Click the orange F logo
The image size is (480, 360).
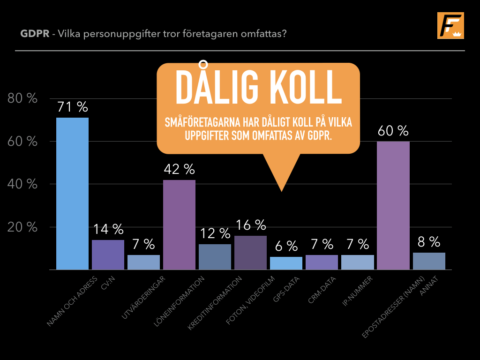pos(450,25)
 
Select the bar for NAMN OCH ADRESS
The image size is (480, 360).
pos(72,194)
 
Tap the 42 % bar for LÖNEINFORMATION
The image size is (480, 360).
pos(179,225)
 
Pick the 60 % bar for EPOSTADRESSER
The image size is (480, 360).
pos(393,205)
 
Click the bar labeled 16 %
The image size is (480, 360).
pos(250,253)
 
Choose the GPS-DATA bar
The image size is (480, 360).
pos(286,263)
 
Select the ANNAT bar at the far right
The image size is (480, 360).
pos(429,261)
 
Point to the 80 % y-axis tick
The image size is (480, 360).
pos(22,98)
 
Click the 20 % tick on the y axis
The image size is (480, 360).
pos(22,227)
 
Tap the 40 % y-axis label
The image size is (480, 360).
pos(22,184)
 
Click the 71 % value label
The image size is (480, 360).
pos(73,107)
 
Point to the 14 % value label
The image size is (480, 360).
pos(108,229)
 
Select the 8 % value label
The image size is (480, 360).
pos(429,242)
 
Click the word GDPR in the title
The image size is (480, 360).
pos(35,33)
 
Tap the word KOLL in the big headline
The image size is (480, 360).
pos(307,87)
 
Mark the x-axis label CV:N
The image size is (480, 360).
pos(108,283)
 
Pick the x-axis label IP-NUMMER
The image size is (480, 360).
pos(357,291)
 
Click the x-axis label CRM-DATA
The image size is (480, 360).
pos(322,290)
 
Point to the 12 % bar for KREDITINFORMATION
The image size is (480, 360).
pos(215,257)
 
